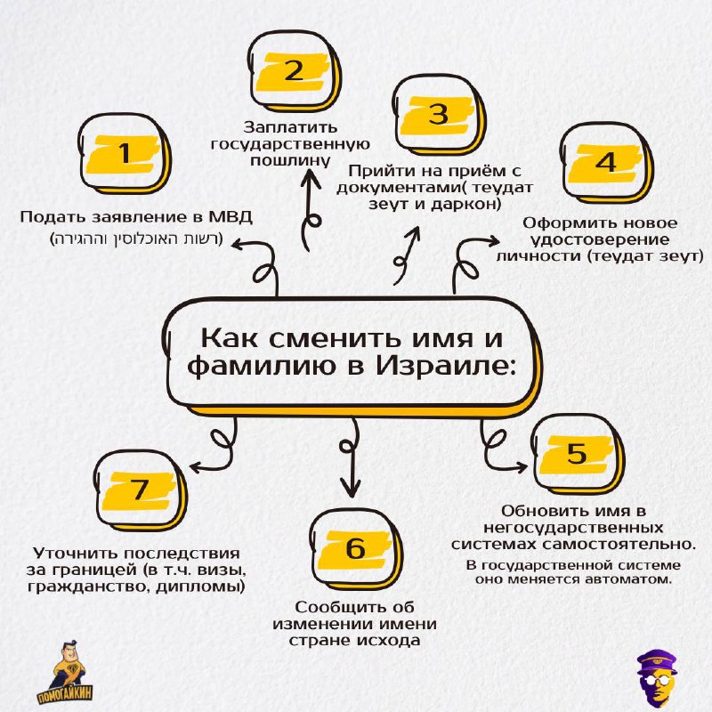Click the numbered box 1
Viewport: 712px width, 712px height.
[x=125, y=153]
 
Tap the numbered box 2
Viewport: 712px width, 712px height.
[x=295, y=71]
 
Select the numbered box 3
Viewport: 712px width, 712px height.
[x=439, y=115]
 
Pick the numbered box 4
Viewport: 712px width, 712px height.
[x=607, y=163]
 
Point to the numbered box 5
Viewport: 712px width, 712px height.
[x=578, y=454]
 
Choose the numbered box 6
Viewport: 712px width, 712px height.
[x=356, y=549]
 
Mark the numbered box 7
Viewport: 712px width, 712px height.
[x=140, y=490]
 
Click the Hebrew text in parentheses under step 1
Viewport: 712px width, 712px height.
[x=137, y=239]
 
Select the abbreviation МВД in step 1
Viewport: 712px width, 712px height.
[x=231, y=217]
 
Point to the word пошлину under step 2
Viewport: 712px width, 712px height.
[x=290, y=161]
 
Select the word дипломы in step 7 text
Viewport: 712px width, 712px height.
[x=201, y=587]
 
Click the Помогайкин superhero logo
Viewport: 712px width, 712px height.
[x=65, y=672]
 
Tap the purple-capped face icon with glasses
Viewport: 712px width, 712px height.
[x=656, y=677]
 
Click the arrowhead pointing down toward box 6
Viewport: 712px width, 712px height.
[x=351, y=490]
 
